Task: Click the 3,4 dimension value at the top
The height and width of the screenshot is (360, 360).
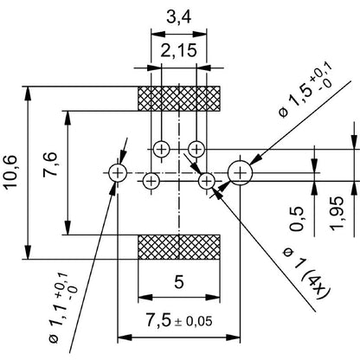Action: [x=178, y=17]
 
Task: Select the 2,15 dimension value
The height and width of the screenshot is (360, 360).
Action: [x=177, y=51]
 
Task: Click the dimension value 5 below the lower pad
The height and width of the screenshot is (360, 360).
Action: [x=179, y=281]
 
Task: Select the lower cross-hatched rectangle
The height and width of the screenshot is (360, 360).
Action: [x=179, y=247]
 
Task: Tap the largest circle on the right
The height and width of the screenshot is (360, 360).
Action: [x=240, y=172]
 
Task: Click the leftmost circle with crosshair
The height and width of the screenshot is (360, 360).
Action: [x=119, y=172]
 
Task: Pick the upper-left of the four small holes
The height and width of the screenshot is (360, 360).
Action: [x=160, y=148]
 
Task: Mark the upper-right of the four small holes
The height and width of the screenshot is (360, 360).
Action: [x=197, y=148]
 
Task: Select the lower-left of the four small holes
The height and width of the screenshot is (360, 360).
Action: [x=151, y=181]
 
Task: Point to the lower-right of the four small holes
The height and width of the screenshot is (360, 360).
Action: [x=206, y=181]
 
